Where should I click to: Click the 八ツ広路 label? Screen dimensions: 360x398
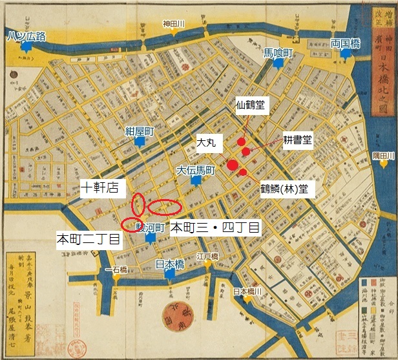pyautogui.click(x=26, y=36)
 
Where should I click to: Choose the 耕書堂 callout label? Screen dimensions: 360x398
pyautogui.click(x=298, y=140)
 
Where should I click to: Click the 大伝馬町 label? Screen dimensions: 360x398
pyautogui.click(x=195, y=171)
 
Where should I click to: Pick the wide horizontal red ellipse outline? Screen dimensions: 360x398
pyautogui.click(x=164, y=206)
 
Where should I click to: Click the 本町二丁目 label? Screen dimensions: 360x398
pyautogui.click(x=89, y=238)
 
